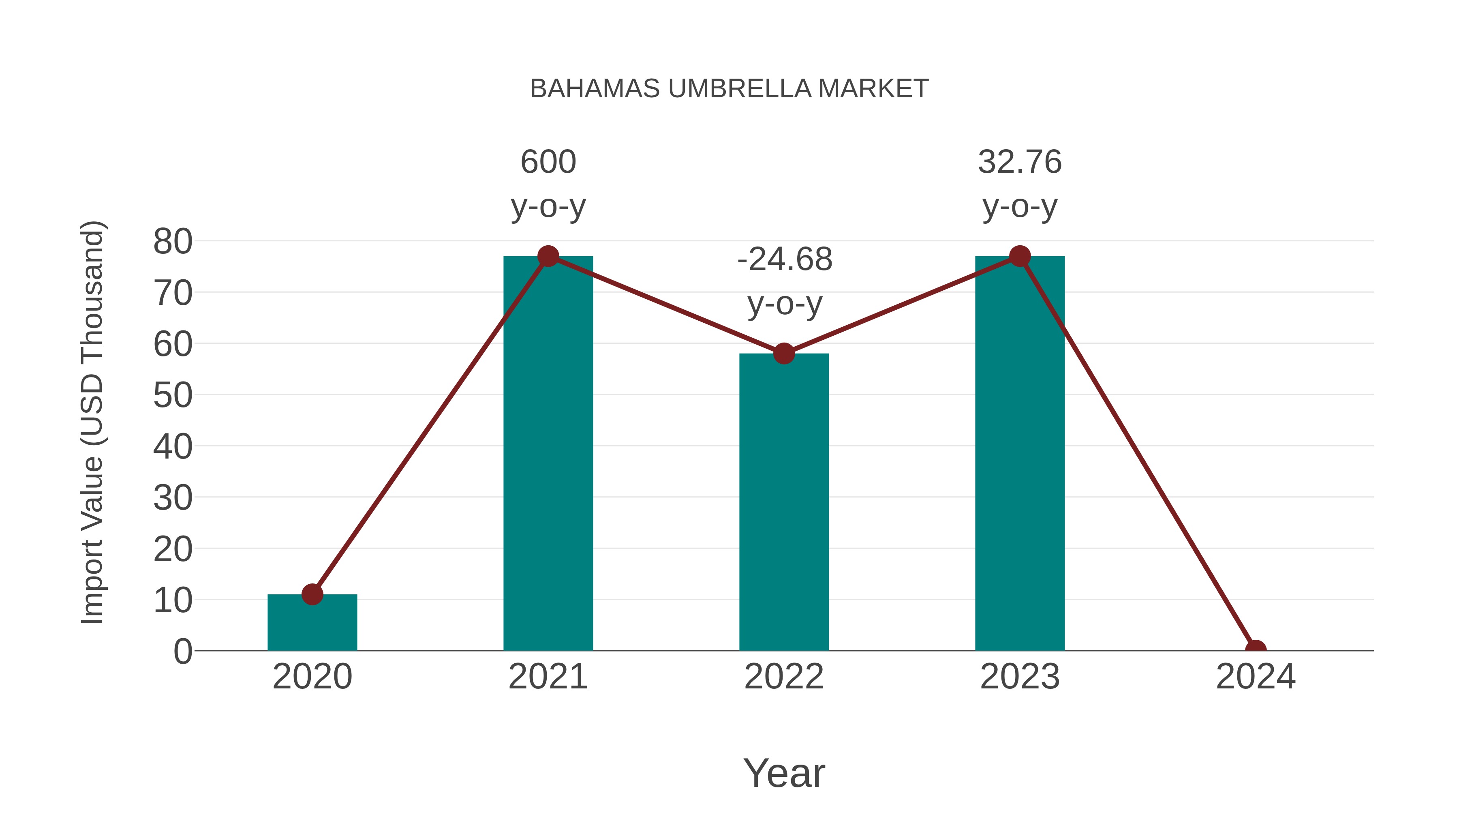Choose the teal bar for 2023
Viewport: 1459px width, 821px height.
[1020, 453]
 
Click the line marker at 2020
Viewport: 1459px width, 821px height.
[312, 594]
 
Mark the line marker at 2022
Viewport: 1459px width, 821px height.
[783, 354]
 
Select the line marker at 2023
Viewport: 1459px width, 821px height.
[1020, 256]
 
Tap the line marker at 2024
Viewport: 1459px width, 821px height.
[1255, 650]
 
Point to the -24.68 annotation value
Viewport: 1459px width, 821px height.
[785, 259]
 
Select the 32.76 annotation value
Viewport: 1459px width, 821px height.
[1020, 162]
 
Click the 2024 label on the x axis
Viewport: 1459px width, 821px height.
[1255, 677]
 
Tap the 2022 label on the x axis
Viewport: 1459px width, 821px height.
[783, 677]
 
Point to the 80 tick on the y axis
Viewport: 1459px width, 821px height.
[173, 242]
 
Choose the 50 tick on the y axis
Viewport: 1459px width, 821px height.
[173, 395]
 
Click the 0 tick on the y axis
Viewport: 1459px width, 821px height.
[182, 652]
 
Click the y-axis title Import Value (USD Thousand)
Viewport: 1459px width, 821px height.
[92, 422]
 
